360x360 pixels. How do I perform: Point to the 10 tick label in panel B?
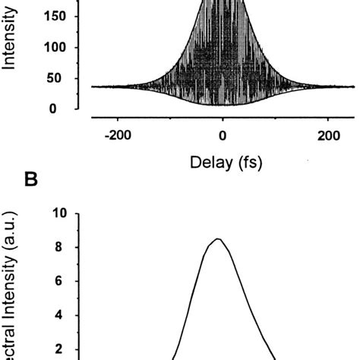tap(61, 214)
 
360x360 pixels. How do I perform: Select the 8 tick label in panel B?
tap(65, 248)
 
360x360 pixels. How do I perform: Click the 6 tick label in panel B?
tap(65, 281)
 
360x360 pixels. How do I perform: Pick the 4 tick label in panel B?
tap(65, 315)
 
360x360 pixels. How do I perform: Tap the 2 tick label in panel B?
tap(65, 349)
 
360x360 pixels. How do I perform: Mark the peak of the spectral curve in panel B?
tap(217, 239)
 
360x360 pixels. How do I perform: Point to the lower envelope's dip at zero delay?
tap(223, 105)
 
